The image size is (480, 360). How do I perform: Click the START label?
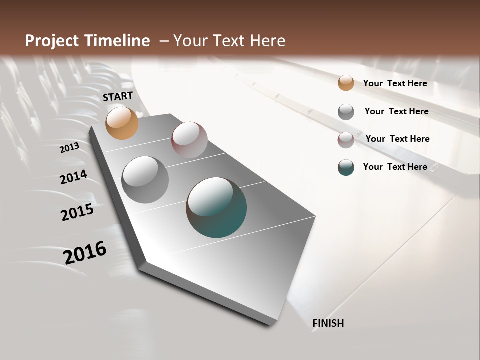[118, 96]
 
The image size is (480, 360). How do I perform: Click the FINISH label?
[328, 323]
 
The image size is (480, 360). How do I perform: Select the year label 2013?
[70, 148]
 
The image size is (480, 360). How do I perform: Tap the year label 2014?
[73, 177]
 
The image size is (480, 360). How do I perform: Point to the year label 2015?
[77, 212]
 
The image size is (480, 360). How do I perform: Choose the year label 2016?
[85, 253]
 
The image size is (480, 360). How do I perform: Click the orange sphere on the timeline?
[122, 123]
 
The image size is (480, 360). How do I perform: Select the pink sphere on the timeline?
[189, 140]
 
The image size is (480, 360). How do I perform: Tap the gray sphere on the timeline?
[145, 179]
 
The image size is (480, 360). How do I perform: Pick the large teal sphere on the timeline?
[216, 207]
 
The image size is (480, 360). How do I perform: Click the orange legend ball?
[346, 83]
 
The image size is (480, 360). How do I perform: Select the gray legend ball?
[346, 112]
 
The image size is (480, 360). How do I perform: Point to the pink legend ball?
[346, 140]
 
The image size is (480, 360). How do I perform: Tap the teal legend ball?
[346, 167]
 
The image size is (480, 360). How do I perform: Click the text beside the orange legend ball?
[395, 84]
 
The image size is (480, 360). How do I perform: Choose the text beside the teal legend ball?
[395, 167]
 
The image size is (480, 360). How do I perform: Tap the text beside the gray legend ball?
[396, 111]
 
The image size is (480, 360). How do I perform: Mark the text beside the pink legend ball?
[397, 139]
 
